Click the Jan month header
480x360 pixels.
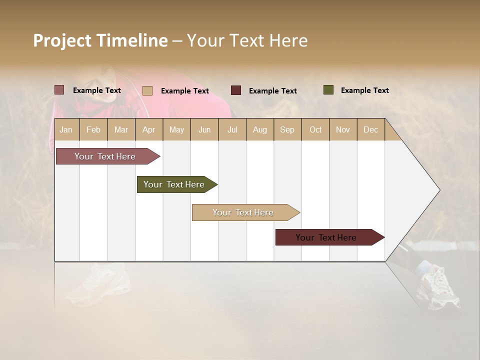[x=66, y=129]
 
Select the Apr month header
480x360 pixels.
[x=148, y=129]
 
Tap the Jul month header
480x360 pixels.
[x=232, y=129]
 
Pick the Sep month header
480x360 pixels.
[x=287, y=129]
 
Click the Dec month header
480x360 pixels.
[x=370, y=129]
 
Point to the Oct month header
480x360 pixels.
[x=315, y=129]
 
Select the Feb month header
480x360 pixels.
[x=93, y=129]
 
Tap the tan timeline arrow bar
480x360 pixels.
[x=244, y=212]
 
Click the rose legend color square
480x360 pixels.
[x=59, y=90]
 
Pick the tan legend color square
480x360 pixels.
[x=147, y=90]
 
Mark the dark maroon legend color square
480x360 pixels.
[x=236, y=90]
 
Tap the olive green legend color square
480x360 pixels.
[x=328, y=90]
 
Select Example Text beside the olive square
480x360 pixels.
[x=364, y=90]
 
